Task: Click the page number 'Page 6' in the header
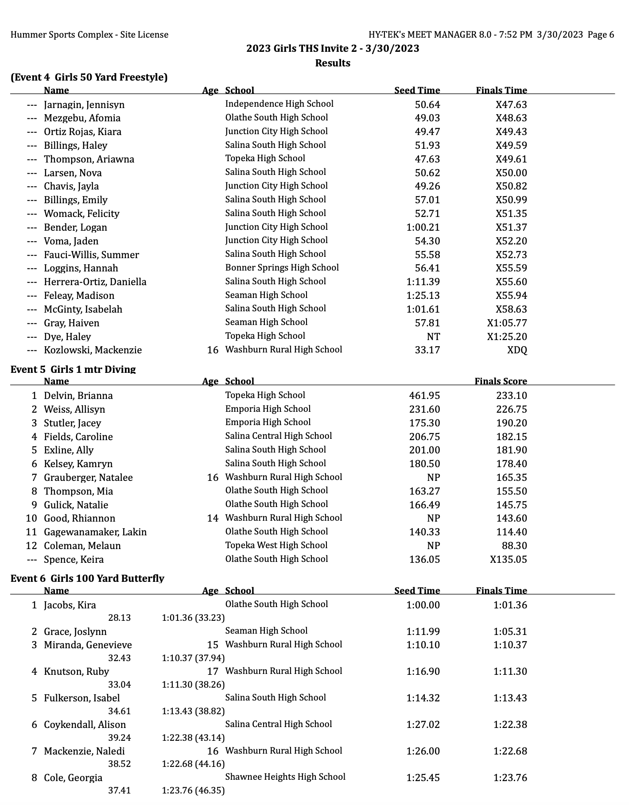coord(601,35)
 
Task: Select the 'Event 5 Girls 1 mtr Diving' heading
coord(73,369)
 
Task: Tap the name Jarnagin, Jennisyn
coord(84,105)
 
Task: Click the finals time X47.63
coord(511,105)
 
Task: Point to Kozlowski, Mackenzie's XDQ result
coord(517,350)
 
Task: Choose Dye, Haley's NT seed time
coord(433,337)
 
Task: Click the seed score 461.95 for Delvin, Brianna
coord(424,395)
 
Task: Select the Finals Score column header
coord(501,381)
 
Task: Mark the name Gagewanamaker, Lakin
coord(95,532)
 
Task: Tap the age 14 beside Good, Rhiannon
coord(213,518)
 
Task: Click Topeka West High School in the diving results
coord(276,545)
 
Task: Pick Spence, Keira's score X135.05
coord(509,559)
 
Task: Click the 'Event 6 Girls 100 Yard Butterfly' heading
coord(87,578)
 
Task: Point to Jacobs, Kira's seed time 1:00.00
coord(423,605)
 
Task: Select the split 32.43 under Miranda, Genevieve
coord(119,658)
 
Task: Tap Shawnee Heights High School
coord(285,777)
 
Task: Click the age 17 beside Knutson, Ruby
coord(213,671)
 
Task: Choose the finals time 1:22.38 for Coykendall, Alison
coord(510,724)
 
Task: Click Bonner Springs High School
coord(282,267)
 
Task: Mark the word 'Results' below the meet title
coord(333,63)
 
